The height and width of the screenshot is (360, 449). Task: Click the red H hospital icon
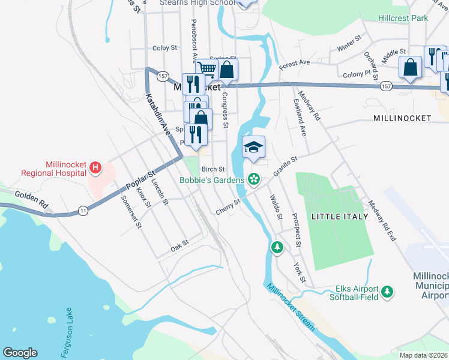pos(94,166)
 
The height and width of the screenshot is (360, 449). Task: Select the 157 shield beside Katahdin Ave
pos(163,76)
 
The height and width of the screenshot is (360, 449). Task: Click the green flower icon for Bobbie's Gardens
pos(254,179)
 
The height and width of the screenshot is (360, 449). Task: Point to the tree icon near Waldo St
pos(277,247)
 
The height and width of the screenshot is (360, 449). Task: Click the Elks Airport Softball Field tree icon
pos(388,292)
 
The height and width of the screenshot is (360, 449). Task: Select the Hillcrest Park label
pos(403,18)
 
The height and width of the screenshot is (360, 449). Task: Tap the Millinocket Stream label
pos(291,307)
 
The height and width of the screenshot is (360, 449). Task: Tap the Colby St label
pos(164,48)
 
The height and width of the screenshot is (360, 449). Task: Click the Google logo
pos(20,353)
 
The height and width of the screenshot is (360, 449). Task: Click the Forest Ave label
pos(294,62)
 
